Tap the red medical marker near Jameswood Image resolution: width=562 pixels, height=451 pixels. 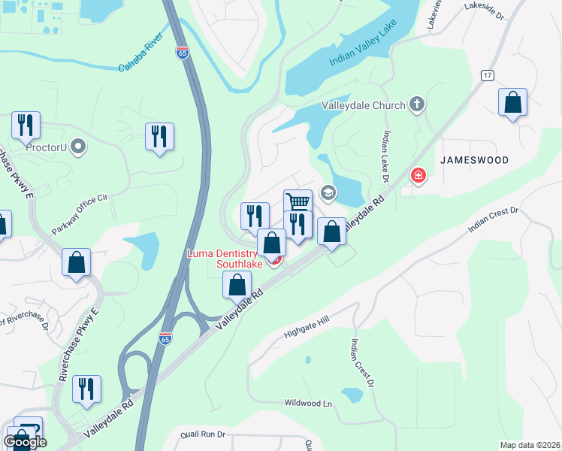pyautogui.click(x=418, y=177)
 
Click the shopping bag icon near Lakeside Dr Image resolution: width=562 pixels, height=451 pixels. pyautogui.click(x=512, y=103)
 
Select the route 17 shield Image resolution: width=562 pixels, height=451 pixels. pyautogui.click(x=488, y=75)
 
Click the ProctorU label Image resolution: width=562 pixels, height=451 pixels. pyautogui.click(x=47, y=147)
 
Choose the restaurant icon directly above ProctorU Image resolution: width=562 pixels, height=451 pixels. pyautogui.click(x=26, y=126)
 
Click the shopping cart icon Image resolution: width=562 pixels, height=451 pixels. pyautogui.click(x=298, y=202)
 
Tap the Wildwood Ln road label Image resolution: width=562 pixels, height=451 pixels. pyautogui.click(x=308, y=404)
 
